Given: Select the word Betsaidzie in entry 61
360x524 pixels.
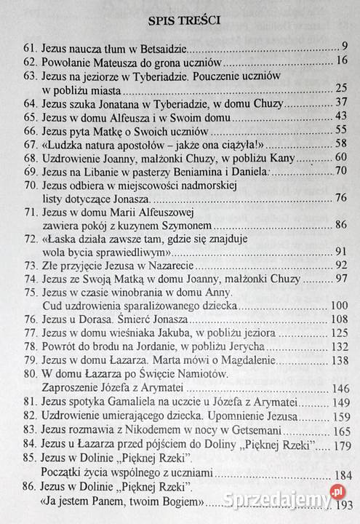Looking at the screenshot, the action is (164, 48).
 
